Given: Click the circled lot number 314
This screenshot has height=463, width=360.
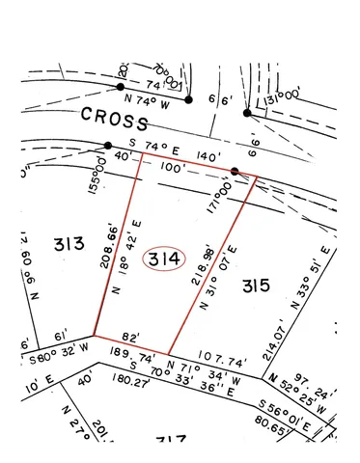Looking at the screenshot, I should click(163, 260).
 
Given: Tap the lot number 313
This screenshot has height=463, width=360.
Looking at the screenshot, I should click(69, 243).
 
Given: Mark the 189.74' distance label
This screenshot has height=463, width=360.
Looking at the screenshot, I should click(125, 356).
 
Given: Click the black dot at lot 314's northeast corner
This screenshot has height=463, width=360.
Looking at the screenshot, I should click(235, 173).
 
